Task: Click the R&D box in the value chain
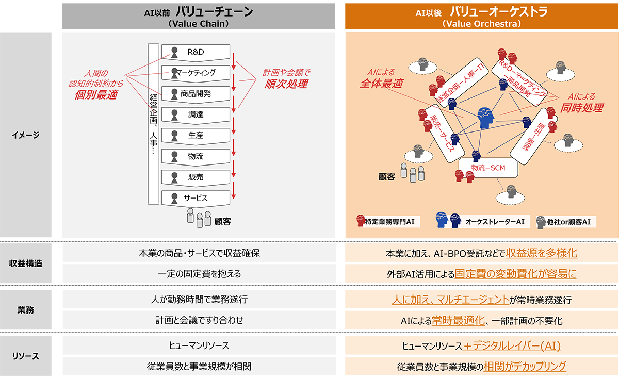click(196, 52)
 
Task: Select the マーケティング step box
click(196, 73)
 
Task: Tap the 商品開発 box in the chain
click(196, 94)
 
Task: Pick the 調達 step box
click(196, 114)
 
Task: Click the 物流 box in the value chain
click(196, 156)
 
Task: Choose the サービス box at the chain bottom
click(196, 198)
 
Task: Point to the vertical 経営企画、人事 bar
click(153, 124)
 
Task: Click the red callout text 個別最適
click(96, 94)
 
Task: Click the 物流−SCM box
click(487, 168)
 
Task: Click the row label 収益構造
click(26, 263)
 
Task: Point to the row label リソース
click(26, 356)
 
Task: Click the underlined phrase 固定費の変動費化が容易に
click(515, 274)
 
